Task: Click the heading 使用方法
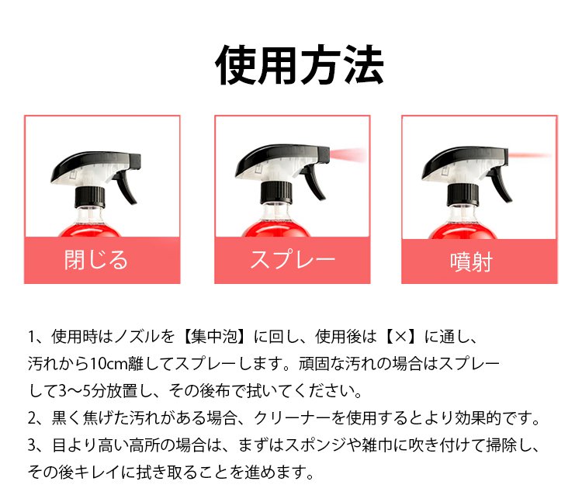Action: (x=300, y=65)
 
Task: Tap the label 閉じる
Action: (x=96, y=260)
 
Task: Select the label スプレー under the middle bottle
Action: (x=293, y=259)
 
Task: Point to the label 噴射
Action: (x=471, y=262)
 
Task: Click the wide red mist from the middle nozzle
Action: (x=348, y=154)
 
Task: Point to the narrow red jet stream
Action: (x=530, y=155)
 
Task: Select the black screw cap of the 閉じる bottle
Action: (x=90, y=197)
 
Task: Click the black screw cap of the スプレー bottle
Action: (x=276, y=193)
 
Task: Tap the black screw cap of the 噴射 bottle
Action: (x=462, y=195)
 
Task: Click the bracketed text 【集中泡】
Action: (x=214, y=337)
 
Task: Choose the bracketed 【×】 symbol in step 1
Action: (x=400, y=337)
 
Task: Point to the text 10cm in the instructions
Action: (x=109, y=364)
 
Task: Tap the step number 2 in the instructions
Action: (x=33, y=418)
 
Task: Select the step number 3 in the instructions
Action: (x=33, y=445)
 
